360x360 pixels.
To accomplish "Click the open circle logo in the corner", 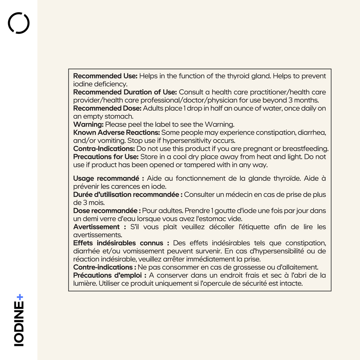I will tap(19, 23).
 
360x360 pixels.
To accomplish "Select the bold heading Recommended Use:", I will tap(105, 76).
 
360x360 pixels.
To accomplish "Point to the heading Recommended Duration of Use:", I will tap(125, 92).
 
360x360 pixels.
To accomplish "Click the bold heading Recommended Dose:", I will tap(107, 108).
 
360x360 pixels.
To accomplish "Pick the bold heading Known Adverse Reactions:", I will tap(116, 133).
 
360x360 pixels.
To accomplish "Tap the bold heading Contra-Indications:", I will tap(104, 149).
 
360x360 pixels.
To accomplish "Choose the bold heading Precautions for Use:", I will tap(106, 157).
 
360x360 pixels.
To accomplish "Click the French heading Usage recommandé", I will tap(105, 179).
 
